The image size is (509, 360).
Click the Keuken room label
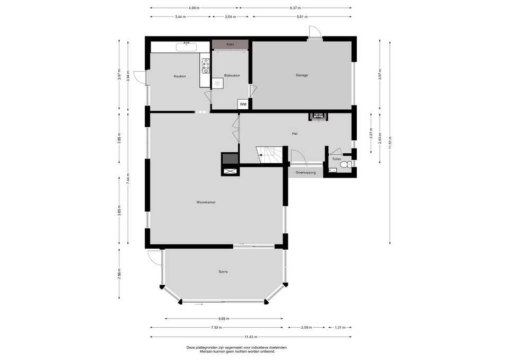point(180,76)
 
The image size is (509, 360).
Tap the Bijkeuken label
point(232,76)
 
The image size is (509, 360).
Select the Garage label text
point(302,75)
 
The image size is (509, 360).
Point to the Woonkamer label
point(206,202)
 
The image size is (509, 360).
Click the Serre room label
point(223,271)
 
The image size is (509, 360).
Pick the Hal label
point(295,134)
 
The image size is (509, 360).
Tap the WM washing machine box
point(243,104)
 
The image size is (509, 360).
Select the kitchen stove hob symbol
point(205,66)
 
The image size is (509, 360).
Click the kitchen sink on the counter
point(186,47)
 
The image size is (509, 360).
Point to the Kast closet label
point(230,44)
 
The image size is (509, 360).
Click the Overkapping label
point(305,173)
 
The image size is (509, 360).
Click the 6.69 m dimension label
point(224,319)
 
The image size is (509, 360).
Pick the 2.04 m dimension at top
point(231,17)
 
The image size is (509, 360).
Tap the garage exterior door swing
point(315,32)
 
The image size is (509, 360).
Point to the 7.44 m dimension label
point(128,178)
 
